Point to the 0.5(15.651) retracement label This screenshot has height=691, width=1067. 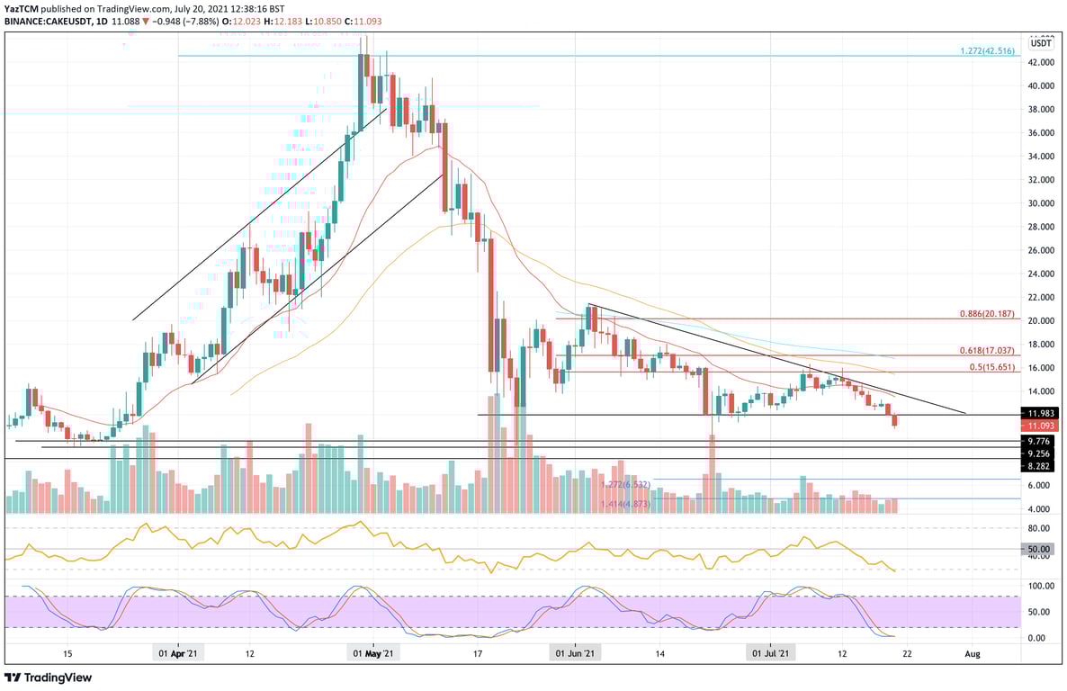pos(992,368)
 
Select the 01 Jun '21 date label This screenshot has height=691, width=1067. pos(572,654)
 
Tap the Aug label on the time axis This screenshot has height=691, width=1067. pos(972,654)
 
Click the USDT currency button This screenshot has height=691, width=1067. pos(1042,42)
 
